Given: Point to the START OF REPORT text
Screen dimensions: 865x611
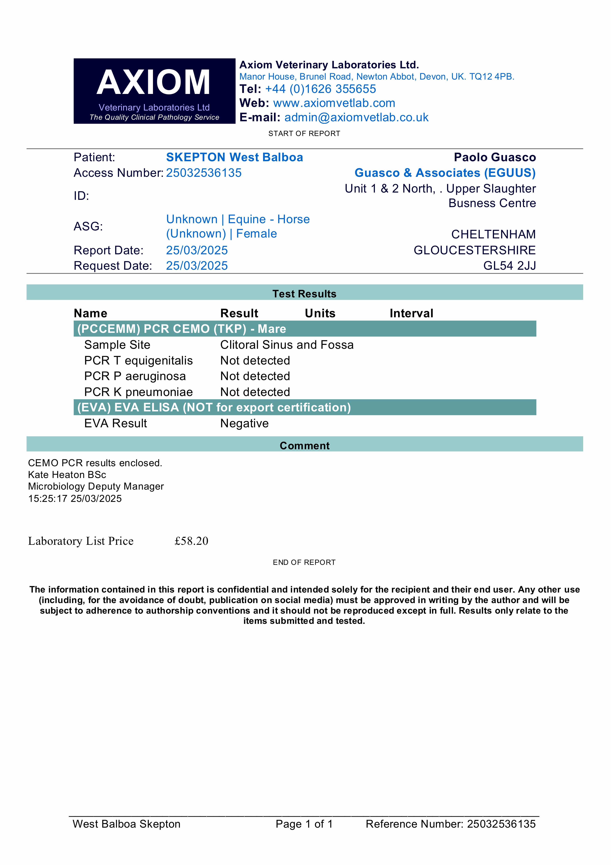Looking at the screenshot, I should (x=304, y=133).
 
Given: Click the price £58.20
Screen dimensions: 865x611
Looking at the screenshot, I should (x=191, y=541).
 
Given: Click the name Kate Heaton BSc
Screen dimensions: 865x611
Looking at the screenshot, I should (x=67, y=475).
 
